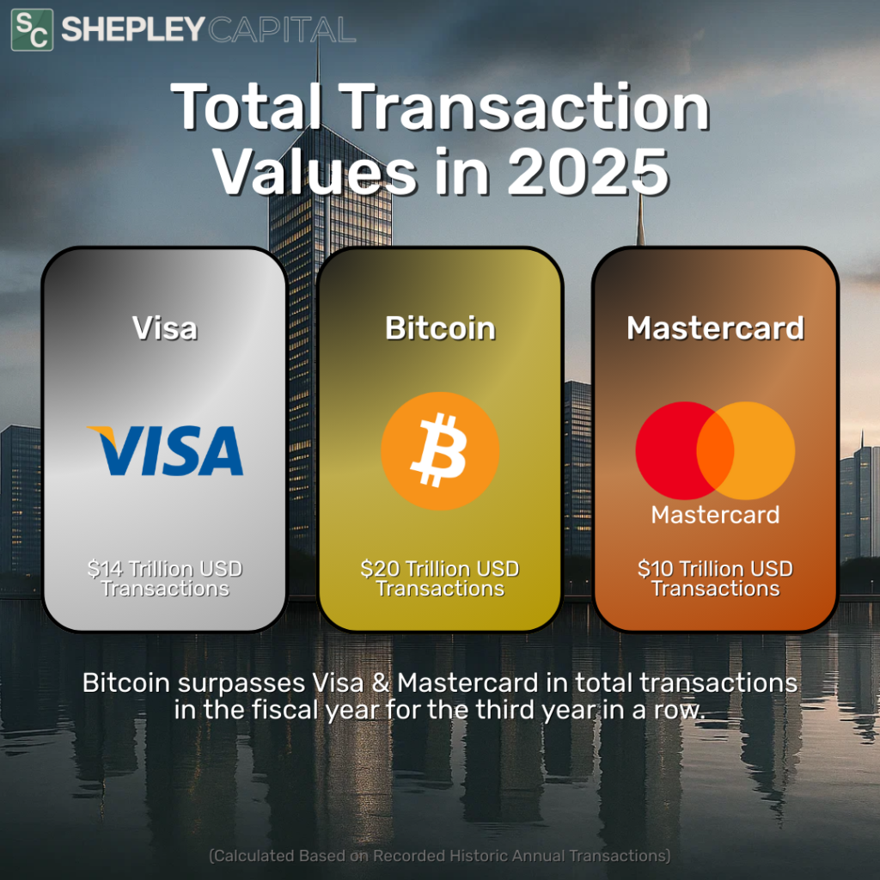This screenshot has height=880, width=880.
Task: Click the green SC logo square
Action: (x=32, y=30)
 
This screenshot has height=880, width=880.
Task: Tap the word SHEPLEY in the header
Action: (x=132, y=29)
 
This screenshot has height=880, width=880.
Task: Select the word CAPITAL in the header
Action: (x=282, y=29)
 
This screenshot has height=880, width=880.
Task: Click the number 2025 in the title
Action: (x=588, y=172)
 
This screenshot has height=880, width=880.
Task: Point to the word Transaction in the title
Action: (x=524, y=107)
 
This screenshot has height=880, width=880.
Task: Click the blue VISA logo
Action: (x=165, y=450)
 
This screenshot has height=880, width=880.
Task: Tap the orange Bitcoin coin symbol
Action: (x=440, y=450)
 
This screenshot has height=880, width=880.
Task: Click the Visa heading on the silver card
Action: (x=165, y=327)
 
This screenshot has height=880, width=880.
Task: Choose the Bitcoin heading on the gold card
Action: (x=440, y=327)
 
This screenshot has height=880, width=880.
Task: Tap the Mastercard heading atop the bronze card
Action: (x=716, y=327)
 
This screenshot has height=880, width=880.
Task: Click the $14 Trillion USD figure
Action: (x=165, y=569)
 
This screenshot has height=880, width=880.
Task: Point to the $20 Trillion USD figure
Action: (x=440, y=569)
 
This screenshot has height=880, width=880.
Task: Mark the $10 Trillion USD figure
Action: (x=716, y=569)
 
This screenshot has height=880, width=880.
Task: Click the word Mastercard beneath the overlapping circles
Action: (x=716, y=515)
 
